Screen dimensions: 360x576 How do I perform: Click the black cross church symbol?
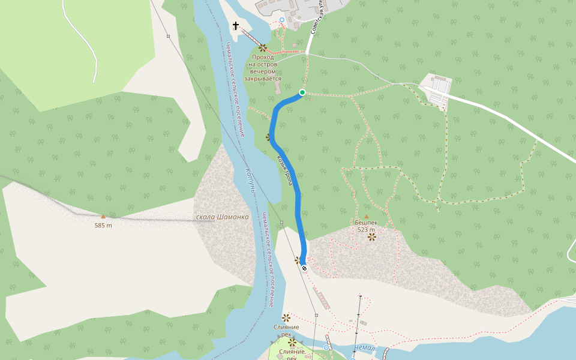point(236,26)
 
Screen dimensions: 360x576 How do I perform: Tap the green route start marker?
point(302,92)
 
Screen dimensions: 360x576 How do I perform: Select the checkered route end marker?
point(304,268)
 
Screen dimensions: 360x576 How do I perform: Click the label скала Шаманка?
point(222,217)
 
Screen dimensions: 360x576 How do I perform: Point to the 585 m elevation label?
point(103,226)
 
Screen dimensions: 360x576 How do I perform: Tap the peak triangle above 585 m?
point(103,216)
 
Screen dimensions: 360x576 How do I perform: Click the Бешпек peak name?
point(366,222)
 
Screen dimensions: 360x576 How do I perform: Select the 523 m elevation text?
point(366,230)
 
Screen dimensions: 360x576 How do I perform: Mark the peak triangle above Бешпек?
point(366,215)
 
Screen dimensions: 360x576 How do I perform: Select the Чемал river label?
point(365,348)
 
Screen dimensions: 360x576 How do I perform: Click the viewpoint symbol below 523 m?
point(372,236)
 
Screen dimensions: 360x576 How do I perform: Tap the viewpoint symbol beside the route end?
point(297,260)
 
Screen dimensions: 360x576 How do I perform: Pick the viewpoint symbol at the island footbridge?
point(262,47)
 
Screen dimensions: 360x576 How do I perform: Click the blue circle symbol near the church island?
point(282,20)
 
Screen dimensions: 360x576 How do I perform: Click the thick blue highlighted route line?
point(298,198)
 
